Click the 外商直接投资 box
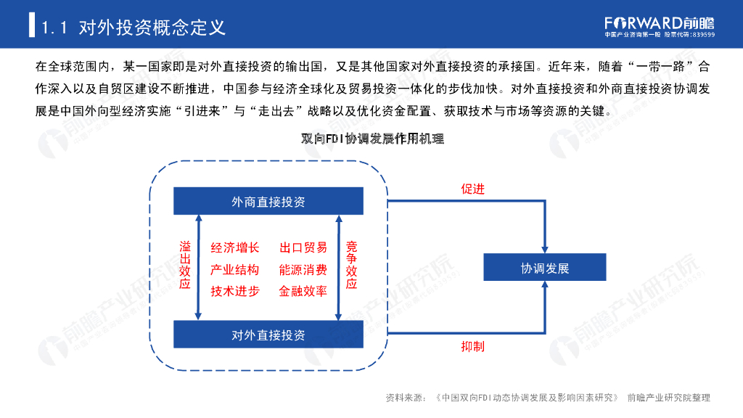pyautogui.click(x=268, y=201)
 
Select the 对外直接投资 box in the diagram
pyautogui.click(x=268, y=335)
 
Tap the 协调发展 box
pyautogui.click(x=544, y=268)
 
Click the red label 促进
pyautogui.click(x=472, y=189)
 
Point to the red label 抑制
pyautogui.click(x=472, y=346)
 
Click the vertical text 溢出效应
pyautogui.click(x=185, y=266)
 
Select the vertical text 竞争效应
pyautogui.click(x=351, y=266)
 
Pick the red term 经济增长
pyautogui.click(x=234, y=247)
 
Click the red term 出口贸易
pyautogui.click(x=303, y=247)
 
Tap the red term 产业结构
pyautogui.click(x=234, y=270)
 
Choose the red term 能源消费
pyautogui.click(x=303, y=270)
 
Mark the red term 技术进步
pyautogui.click(x=234, y=291)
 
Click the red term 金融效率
pyautogui.click(x=303, y=291)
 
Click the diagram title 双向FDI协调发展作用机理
pyautogui.click(x=372, y=139)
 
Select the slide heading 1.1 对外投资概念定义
pyautogui.click(x=134, y=28)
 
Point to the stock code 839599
pyautogui.click(x=704, y=35)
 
